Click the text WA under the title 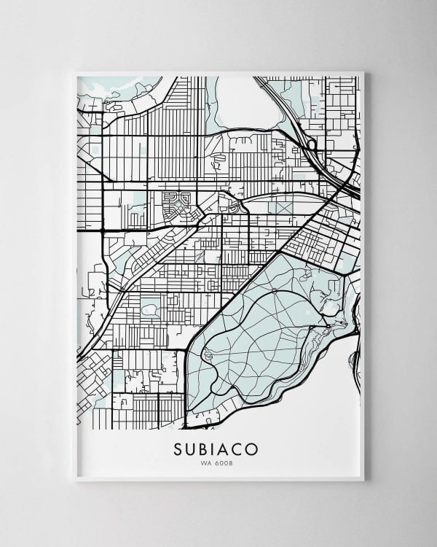207,462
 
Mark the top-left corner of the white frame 76,71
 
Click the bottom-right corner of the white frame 363,480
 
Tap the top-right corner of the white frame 363,71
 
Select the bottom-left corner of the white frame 76,480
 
